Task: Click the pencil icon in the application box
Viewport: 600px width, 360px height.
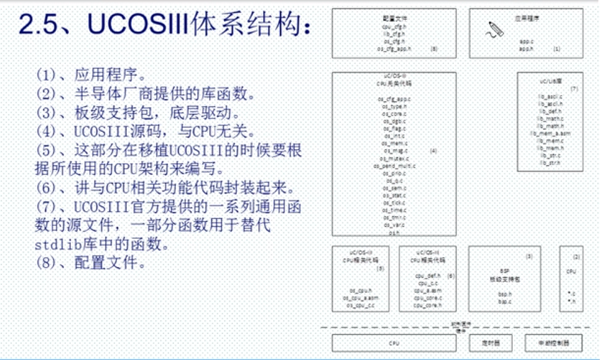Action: [x=494, y=29]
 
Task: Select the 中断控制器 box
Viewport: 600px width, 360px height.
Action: [x=553, y=343]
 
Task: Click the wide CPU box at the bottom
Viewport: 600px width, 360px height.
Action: [x=394, y=343]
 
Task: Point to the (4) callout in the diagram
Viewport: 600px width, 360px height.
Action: [x=433, y=151]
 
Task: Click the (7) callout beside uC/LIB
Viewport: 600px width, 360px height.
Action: [x=574, y=89]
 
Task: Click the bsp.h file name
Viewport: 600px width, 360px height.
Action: [x=504, y=294]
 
